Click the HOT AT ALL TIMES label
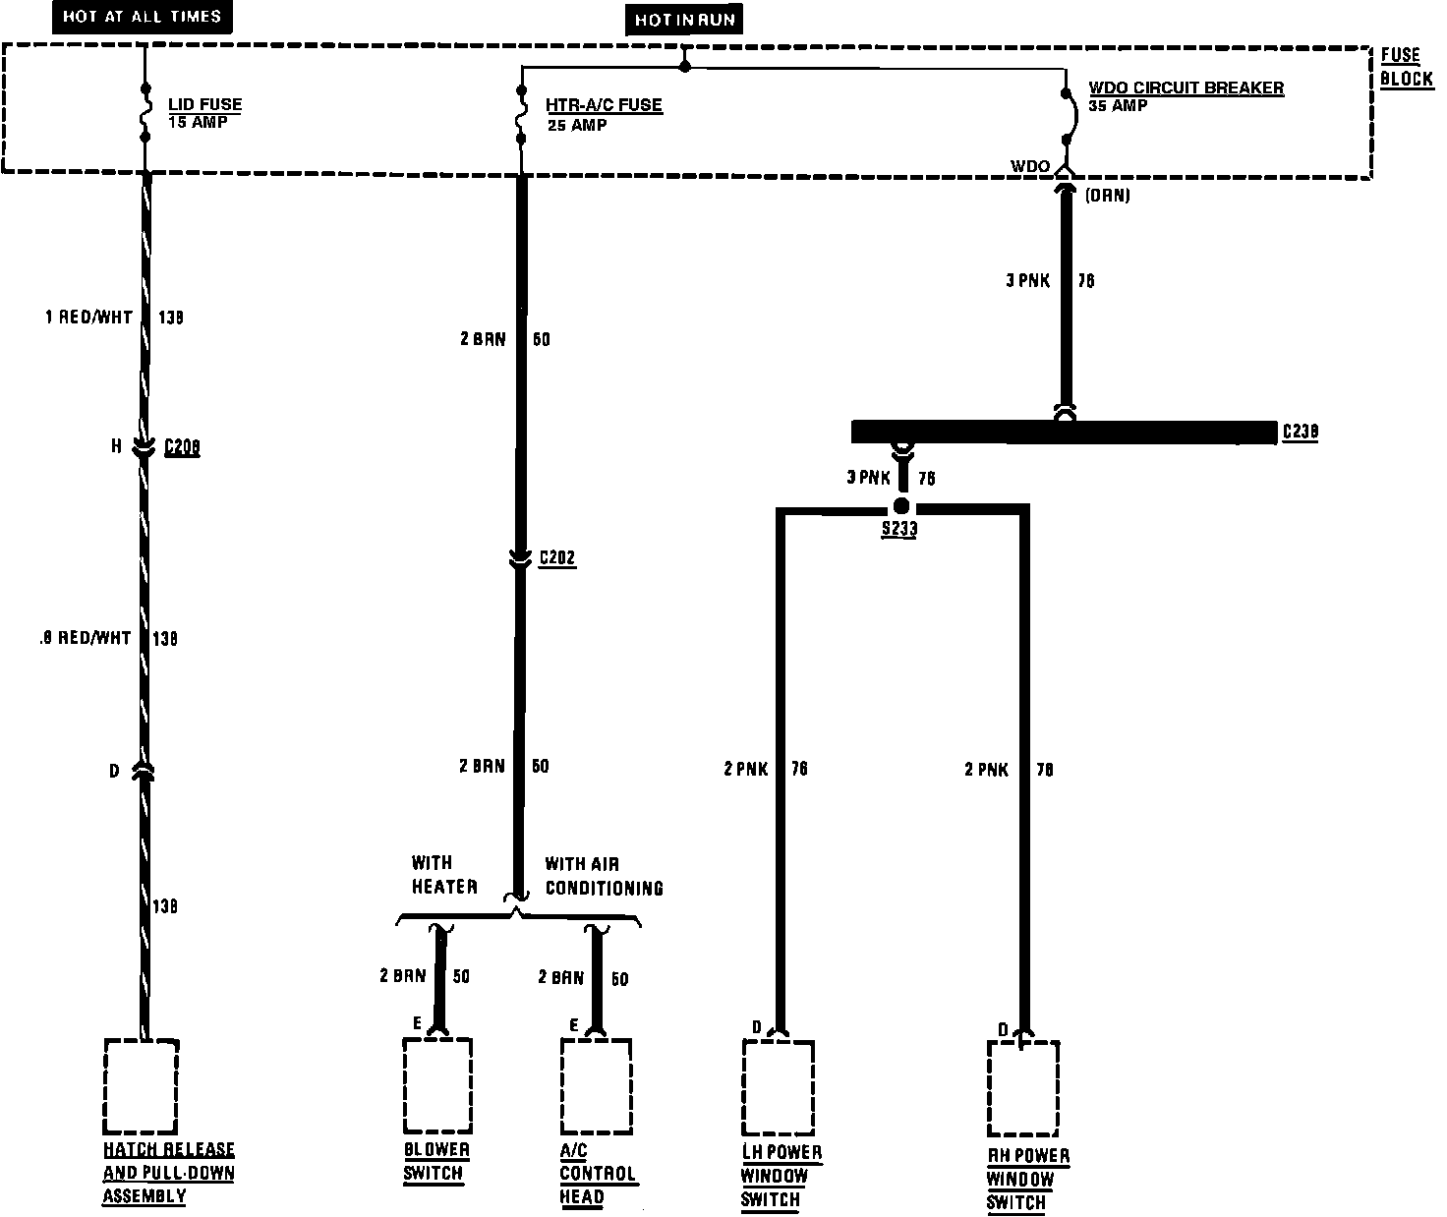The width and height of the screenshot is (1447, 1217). click(142, 17)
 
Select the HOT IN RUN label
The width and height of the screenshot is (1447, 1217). click(685, 20)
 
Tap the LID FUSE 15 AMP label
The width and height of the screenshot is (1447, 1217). click(204, 113)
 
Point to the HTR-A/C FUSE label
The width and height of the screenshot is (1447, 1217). click(604, 106)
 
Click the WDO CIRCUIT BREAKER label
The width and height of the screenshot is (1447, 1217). click(1186, 88)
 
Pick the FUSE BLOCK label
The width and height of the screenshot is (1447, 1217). click(1406, 67)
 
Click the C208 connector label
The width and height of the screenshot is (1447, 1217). click(182, 448)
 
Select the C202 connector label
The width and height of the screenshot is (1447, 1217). click(557, 558)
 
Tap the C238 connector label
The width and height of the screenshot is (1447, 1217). click(1301, 433)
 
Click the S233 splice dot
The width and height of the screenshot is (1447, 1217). click(900, 507)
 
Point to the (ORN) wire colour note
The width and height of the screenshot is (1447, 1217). click(1108, 196)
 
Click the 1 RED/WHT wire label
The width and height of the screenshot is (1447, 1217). click(88, 318)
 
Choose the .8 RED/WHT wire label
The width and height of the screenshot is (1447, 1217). click(85, 638)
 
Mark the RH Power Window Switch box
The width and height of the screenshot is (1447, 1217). click(1022, 1088)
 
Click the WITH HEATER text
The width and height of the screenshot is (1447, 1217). click(444, 875)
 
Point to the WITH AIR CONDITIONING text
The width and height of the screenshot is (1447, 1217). click(604, 876)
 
